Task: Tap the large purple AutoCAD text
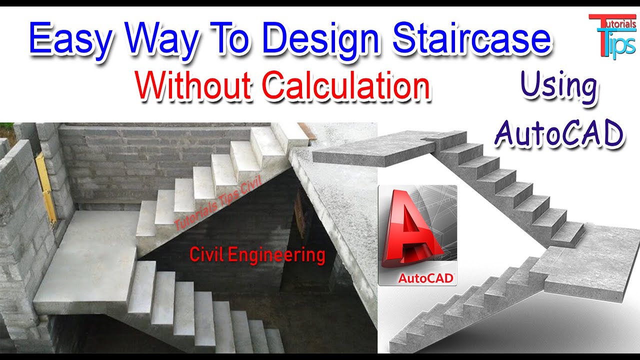pyautogui.click(x=559, y=133)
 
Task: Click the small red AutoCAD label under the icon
pyautogui.click(x=425, y=278)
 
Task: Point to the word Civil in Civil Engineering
pyautogui.click(x=206, y=255)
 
